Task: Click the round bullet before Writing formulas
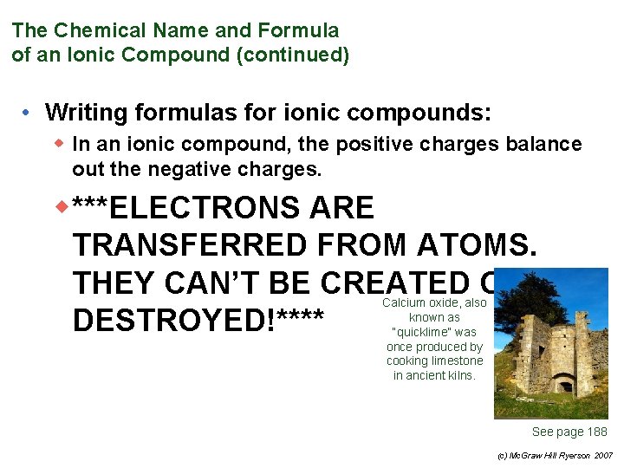point(29,113)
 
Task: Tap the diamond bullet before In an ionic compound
point(61,144)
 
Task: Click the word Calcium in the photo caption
point(403,303)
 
